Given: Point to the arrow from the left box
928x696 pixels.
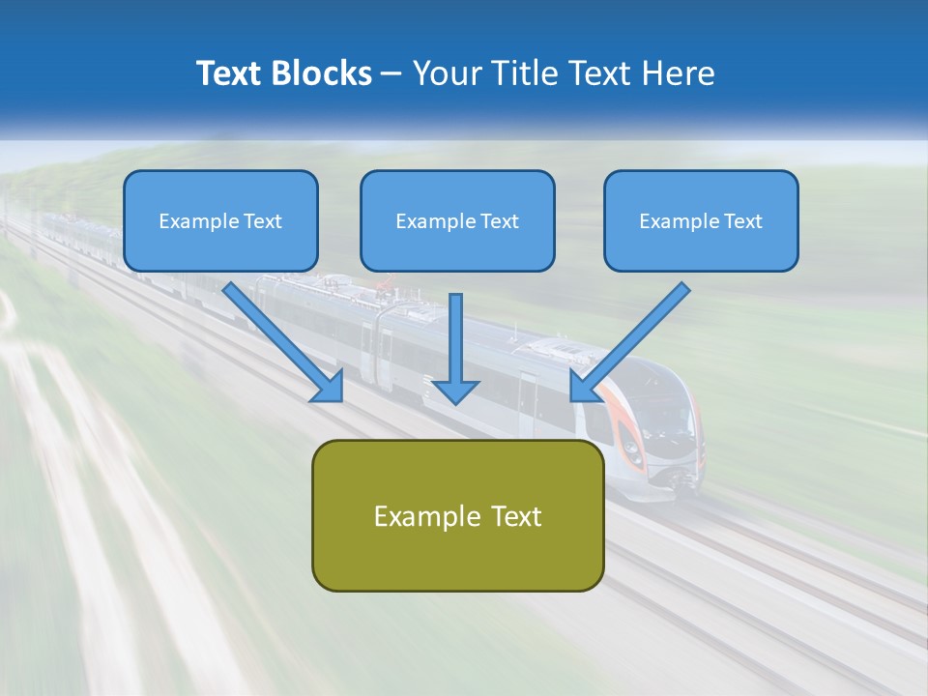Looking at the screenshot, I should [x=280, y=340].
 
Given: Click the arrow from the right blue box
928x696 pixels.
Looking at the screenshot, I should [x=633, y=338].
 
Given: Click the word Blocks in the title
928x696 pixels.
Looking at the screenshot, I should [x=322, y=73].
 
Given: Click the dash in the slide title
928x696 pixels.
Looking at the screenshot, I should [x=391, y=73].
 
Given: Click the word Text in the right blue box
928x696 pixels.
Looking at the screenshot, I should [x=741, y=221].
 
